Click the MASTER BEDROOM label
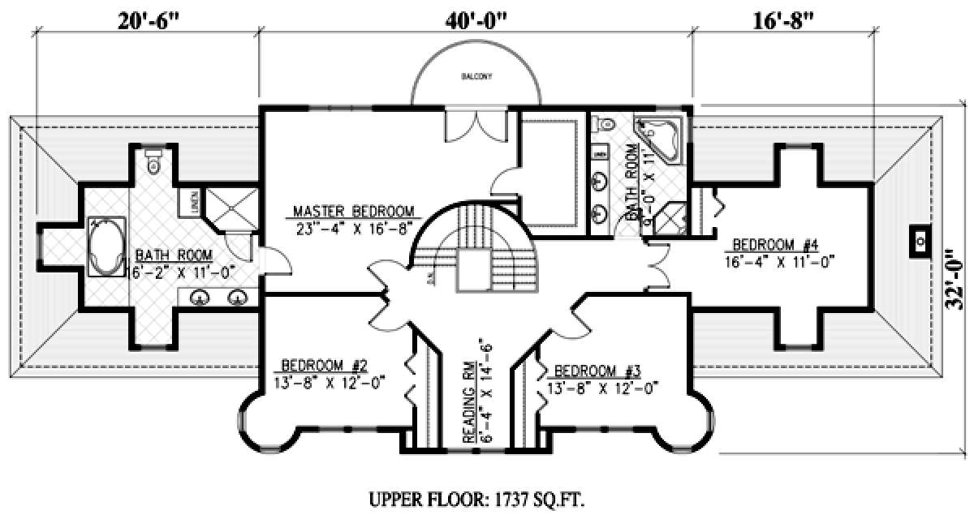pos(354,212)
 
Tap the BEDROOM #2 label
pos(322,364)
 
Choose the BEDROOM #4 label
pos(774,245)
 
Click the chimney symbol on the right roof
pos(920,241)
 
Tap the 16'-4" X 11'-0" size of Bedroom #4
pos(779,261)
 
